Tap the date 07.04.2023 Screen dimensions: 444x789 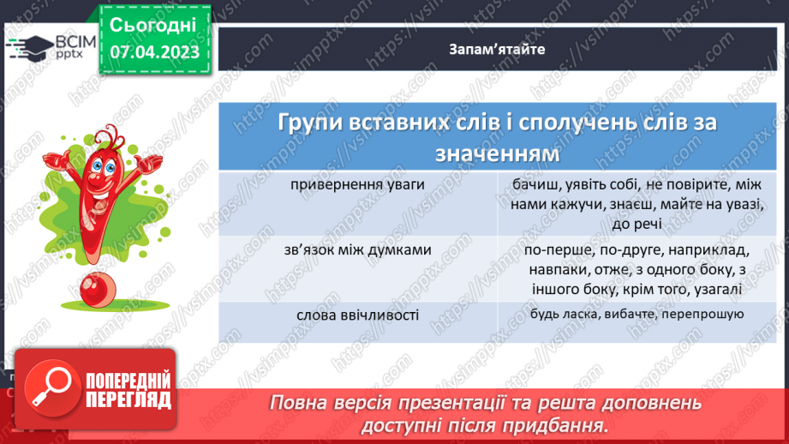[x=154, y=53]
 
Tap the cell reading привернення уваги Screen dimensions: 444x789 [x=357, y=184]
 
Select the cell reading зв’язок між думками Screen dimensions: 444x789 [x=358, y=250]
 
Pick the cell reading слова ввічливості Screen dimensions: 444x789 [x=358, y=315]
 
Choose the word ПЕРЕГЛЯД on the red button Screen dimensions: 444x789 [x=129, y=399]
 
